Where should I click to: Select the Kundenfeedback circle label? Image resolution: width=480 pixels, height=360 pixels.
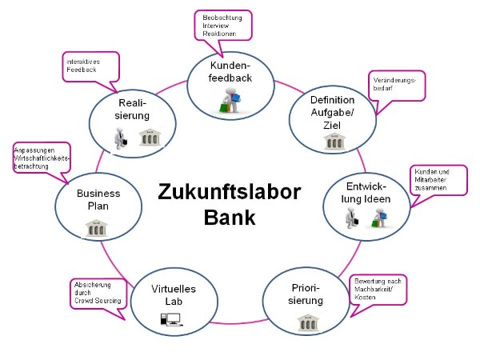coord(230,71)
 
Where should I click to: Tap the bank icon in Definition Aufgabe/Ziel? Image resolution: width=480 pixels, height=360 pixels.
coord(333,142)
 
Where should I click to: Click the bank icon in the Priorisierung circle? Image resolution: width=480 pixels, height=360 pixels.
coord(306,322)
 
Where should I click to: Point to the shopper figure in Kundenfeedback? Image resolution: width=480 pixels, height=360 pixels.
coord(229,102)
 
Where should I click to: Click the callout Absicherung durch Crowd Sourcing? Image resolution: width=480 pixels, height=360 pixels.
coord(97,294)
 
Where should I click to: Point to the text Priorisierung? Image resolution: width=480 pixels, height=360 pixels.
coord(306,294)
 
